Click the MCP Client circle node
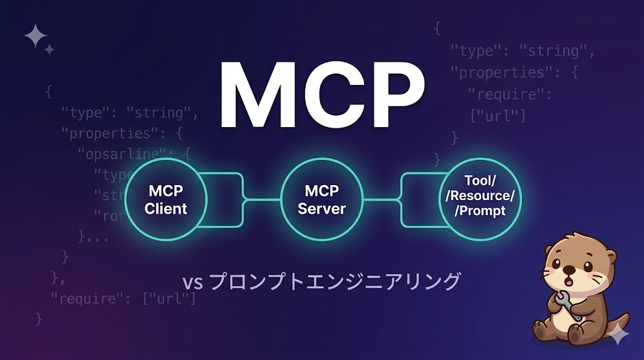coord(166,199)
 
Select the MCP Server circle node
coord(322,199)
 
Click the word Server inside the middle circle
coord(322,208)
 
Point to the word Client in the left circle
coord(166,208)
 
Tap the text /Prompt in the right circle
coord(480,211)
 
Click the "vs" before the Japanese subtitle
coord(192,282)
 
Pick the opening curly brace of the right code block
coord(437,28)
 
